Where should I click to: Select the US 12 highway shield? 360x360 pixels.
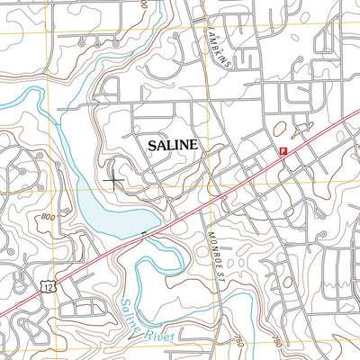click(x=45, y=285)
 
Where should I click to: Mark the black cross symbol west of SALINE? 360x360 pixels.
click(x=113, y=181)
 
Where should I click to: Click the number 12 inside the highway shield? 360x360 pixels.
click(x=45, y=286)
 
